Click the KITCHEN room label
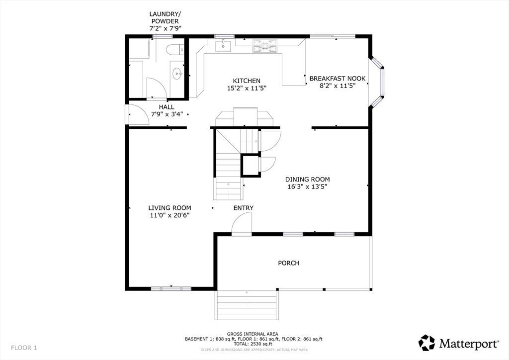tap(247, 81)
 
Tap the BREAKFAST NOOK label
tap(338, 79)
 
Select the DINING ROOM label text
tap(307, 179)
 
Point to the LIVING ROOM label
tap(170, 208)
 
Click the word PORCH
tap(289, 263)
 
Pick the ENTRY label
tap(244, 208)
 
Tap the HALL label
tap(167, 107)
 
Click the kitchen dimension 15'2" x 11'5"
tap(247, 88)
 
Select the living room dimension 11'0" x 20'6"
tap(170, 215)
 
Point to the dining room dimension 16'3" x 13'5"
tap(307, 186)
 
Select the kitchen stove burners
tap(265, 46)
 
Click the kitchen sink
tap(223, 46)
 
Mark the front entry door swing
tap(242, 223)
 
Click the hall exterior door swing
tap(139, 113)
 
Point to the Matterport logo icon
tap(426, 343)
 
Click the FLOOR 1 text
tap(24, 348)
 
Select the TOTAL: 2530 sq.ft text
tap(254, 344)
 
